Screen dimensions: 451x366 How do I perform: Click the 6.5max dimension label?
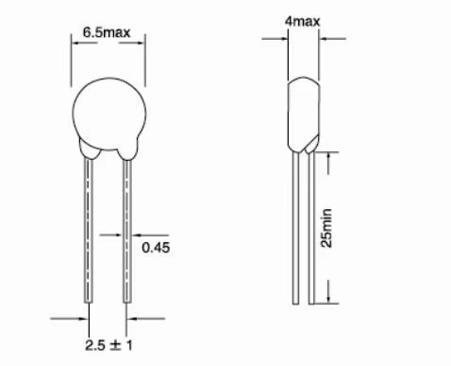pyautogui.click(x=107, y=32)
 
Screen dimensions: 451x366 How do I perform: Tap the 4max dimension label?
pyautogui.click(x=302, y=21)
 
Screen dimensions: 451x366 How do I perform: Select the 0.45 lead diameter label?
pyautogui.click(x=156, y=248)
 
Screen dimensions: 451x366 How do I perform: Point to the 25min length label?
pyautogui.click(x=326, y=228)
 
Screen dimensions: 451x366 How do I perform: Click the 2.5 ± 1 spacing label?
pyautogui.click(x=109, y=345)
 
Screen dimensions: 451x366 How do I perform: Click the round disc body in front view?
pyautogui.click(x=109, y=113)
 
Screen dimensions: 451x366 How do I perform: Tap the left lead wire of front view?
pyautogui.click(x=89, y=231)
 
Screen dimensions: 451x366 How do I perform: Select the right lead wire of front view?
pyautogui.click(x=127, y=232)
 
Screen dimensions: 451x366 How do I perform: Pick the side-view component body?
pyautogui.click(x=304, y=113)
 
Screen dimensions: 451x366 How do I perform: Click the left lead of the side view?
pyautogui.click(x=295, y=228)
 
